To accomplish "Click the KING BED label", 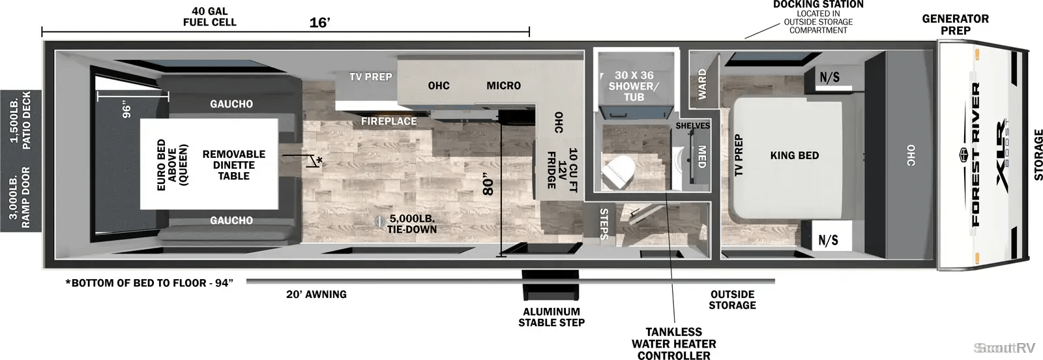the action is (795, 156).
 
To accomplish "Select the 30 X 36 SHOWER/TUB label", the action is (634, 86).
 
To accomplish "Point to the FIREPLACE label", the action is (389, 121).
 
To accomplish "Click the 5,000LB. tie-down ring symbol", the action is (379, 220).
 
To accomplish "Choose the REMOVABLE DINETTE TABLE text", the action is (234, 165).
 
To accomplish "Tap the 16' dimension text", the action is (320, 22).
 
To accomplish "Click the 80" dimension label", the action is (488, 185).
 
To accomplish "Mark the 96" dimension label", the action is (126, 110).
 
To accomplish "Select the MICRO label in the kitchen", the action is (503, 85).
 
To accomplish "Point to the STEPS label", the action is (604, 224).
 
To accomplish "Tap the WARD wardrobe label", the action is (702, 84).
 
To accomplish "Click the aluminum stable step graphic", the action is (551, 285).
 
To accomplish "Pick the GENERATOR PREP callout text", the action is (956, 25).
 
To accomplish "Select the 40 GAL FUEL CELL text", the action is (209, 17).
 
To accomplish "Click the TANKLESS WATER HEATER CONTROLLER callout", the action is (674, 344).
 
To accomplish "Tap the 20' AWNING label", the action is (316, 294).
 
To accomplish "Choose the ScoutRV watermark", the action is (1005, 348).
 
